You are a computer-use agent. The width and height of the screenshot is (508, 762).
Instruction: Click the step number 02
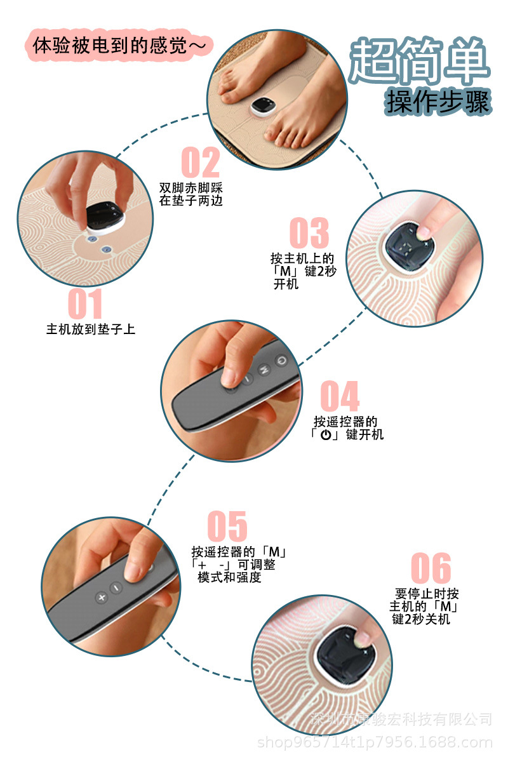coord(201,163)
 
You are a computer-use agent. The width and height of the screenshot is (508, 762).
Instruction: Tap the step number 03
coord(309,233)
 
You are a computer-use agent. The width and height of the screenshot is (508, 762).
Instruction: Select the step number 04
coord(339,397)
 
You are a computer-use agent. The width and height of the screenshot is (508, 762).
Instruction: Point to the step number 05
coord(227,526)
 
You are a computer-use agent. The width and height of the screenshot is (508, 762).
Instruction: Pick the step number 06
coord(431,568)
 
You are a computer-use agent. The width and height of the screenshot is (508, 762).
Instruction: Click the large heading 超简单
coord(420,62)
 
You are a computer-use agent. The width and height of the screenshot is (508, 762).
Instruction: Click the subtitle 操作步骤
coord(438,101)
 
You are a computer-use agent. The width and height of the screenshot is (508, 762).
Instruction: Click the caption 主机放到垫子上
coord(91,330)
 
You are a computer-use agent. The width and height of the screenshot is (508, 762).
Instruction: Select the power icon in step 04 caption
coord(326,435)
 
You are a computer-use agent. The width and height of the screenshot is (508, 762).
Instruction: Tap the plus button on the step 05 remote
coord(100,598)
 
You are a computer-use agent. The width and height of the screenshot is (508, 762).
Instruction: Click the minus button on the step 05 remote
coord(116,589)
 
